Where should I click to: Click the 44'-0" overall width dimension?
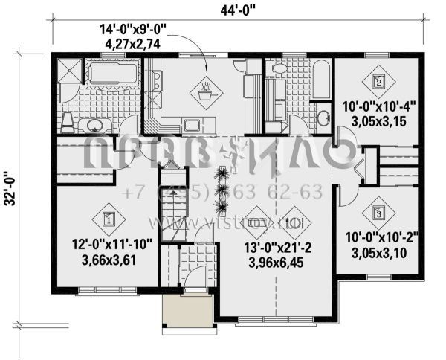click(237, 10)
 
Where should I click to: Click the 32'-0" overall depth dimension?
click(10, 190)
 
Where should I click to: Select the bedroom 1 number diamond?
click(108, 219)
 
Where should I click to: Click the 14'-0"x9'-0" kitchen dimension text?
click(134, 30)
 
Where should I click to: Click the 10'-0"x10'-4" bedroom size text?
click(379, 106)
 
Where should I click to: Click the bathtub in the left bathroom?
click(113, 74)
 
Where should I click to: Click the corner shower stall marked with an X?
click(68, 75)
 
